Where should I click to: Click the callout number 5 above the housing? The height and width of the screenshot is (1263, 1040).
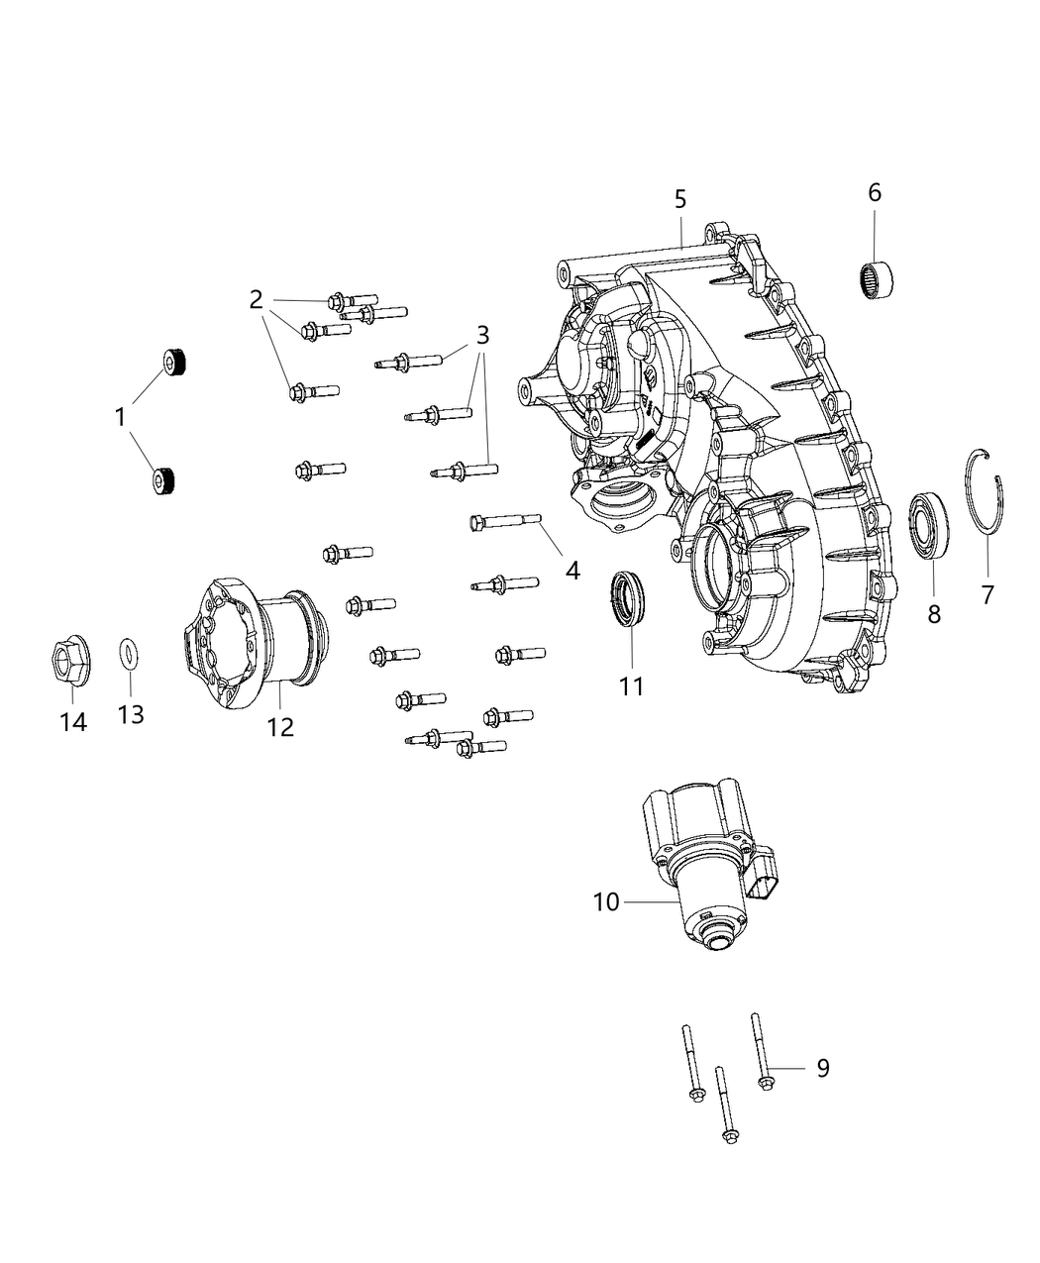tap(679, 200)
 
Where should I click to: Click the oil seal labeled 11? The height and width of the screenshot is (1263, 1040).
tap(627, 598)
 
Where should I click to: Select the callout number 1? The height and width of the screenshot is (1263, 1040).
tap(120, 418)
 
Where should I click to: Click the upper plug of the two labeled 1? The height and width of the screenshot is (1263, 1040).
tap(175, 365)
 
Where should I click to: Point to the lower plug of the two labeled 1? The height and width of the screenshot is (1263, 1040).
tap(163, 479)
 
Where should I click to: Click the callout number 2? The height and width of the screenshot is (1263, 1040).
tap(256, 298)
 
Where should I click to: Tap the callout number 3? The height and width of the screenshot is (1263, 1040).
tap(482, 334)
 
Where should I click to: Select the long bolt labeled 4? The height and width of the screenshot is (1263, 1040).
tap(505, 519)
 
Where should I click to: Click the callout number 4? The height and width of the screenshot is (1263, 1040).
tap(572, 571)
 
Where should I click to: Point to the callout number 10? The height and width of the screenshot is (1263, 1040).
tap(606, 901)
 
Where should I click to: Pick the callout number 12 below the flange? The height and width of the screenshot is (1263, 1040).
tap(280, 726)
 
